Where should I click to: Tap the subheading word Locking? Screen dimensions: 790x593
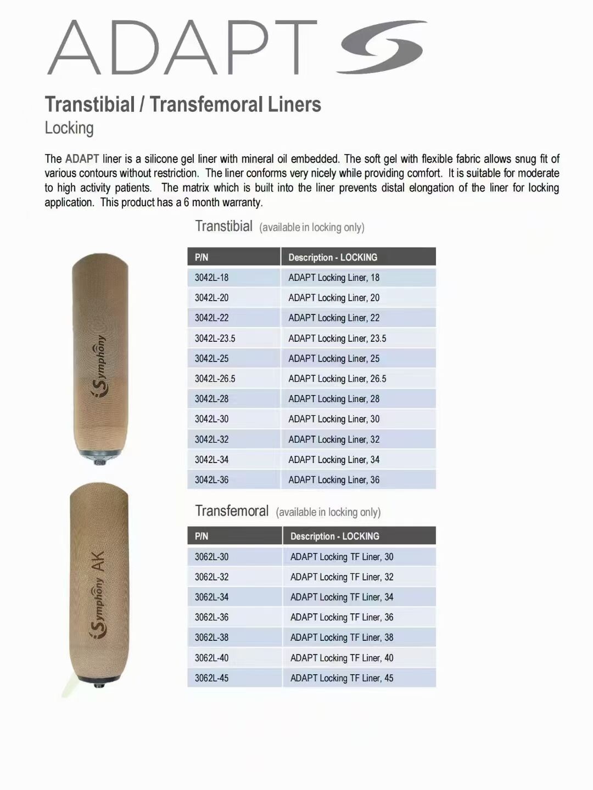pos(69,128)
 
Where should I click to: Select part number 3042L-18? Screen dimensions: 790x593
pos(211,278)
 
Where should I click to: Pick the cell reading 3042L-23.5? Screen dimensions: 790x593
pos(215,338)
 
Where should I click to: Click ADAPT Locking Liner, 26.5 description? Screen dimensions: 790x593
pos(337,379)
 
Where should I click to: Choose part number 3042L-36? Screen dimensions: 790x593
pos(211,480)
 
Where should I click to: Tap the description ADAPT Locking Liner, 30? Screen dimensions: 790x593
pos(334,419)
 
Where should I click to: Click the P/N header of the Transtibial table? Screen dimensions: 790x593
pos(202,257)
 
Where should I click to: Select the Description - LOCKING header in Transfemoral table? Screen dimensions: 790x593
pos(334,537)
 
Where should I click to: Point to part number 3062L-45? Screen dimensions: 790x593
pos(211,678)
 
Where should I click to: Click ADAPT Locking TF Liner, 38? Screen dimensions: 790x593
pos(342,637)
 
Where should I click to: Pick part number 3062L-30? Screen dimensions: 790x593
pos(211,557)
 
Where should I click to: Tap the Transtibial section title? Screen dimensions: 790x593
pos(224,226)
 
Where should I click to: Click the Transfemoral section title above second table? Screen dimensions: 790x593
pos(232,511)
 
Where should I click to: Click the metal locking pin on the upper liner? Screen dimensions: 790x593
pos(99,460)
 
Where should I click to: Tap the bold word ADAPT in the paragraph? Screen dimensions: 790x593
pos(82,159)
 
